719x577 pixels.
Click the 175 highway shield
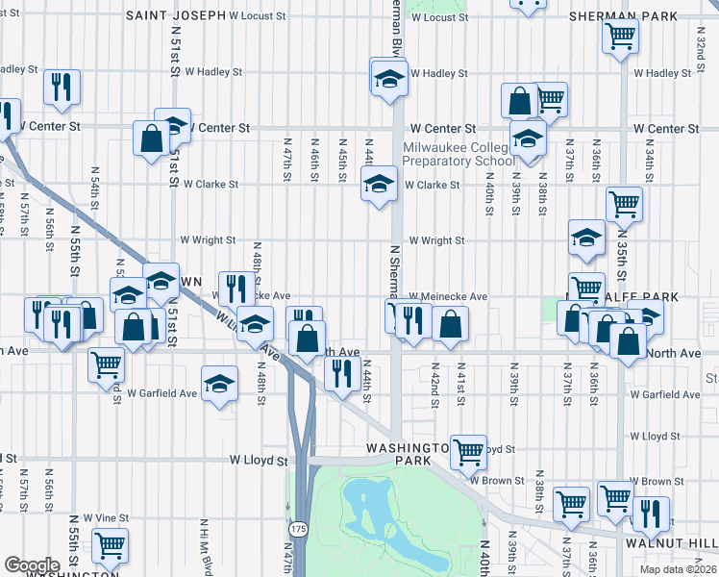[298, 530]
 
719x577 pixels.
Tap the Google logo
[32, 565]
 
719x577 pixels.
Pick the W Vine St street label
[105, 518]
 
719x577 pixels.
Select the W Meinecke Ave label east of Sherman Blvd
[449, 297]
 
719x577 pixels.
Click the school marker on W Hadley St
[389, 75]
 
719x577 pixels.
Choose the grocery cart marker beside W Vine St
[111, 544]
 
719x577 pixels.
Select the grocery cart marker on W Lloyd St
[468, 449]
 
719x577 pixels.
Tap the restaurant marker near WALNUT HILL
[651, 514]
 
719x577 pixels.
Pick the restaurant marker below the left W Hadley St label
[62, 88]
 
